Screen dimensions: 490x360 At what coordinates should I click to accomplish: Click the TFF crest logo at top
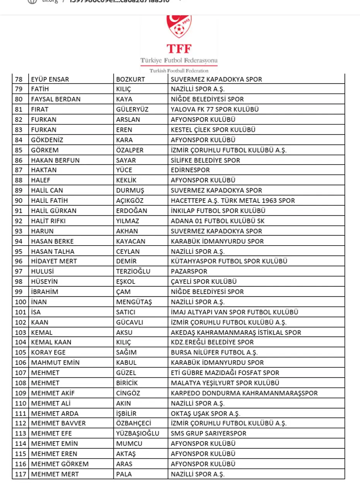pos(179,27)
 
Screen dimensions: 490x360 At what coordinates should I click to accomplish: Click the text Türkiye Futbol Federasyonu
pos(179,61)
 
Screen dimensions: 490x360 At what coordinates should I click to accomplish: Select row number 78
pos(19,79)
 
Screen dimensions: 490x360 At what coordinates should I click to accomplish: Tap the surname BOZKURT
pos(130,79)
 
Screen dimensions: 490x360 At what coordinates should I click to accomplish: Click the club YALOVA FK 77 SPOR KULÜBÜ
pos(215,109)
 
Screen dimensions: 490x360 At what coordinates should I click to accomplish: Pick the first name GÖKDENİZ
pos(47,140)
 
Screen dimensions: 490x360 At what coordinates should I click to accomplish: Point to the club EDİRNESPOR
pos(190,170)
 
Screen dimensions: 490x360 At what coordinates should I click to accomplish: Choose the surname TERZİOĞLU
pos(133,271)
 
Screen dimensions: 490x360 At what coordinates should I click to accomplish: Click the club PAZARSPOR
pos(189,271)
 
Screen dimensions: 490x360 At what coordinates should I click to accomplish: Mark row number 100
pos(20,302)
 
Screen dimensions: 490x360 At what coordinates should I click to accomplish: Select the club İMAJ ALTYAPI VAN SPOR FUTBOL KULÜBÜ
pos(235,312)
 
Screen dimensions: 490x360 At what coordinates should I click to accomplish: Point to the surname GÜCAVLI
pos(130,322)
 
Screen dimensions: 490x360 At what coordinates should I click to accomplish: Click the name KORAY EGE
pos(48,352)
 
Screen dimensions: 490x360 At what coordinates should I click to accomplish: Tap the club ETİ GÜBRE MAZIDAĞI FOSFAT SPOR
pos(225,373)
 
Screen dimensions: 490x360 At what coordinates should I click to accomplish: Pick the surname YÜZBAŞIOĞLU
pos(138,433)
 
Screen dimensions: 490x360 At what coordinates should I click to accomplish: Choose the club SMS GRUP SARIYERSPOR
pos(208,433)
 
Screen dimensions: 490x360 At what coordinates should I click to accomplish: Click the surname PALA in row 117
pos(124,474)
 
